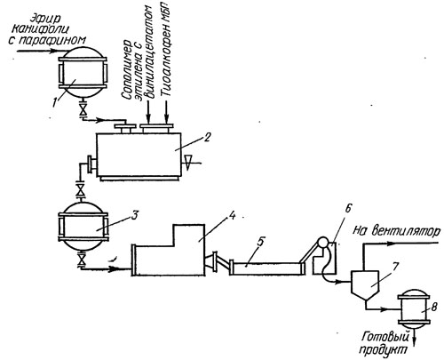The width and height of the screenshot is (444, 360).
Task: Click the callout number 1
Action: pyautogui.click(x=56, y=101)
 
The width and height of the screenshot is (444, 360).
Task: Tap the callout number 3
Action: pyautogui.click(x=134, y=215)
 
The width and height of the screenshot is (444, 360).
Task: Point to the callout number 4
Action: pyautogui.click(x=234, y=215)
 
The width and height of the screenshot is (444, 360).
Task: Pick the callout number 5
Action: pyautogui.click(x=260, y=242)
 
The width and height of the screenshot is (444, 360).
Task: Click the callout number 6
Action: pyautogui.click(x=347, y=209)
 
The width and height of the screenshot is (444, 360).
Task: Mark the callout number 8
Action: pyautogui.click(x=434, y=307)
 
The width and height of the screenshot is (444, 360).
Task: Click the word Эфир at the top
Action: pyautogui.click(x=45, y=19)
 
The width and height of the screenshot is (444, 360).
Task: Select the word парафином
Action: pyautogui.click(x=61, y=40)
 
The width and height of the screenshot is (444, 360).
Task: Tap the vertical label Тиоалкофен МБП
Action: pyautogui.click(x=168, y=48)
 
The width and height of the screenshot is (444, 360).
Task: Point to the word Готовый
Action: pyautogui.click(x=385, y=336)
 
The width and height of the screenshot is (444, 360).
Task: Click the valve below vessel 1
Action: pyautogui.click(x=83, y=110)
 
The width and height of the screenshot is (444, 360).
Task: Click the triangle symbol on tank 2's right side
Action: pyautogui.click(x=187, y=163)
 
